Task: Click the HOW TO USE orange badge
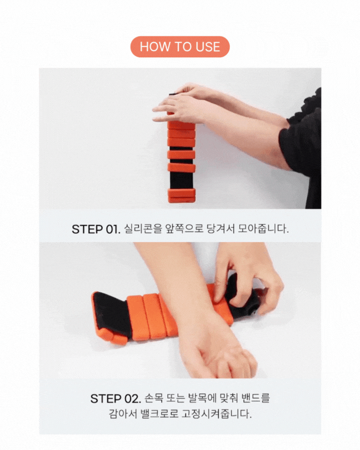point(180,47)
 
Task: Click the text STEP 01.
point(96,229)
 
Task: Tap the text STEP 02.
point(116,399)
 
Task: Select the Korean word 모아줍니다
point(263,229)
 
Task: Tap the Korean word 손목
point(153,398)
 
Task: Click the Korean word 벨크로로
point(159,414)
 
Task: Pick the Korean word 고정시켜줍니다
point(217,414)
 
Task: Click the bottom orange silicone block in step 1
point(182,196)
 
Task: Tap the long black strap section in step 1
point(181,181)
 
